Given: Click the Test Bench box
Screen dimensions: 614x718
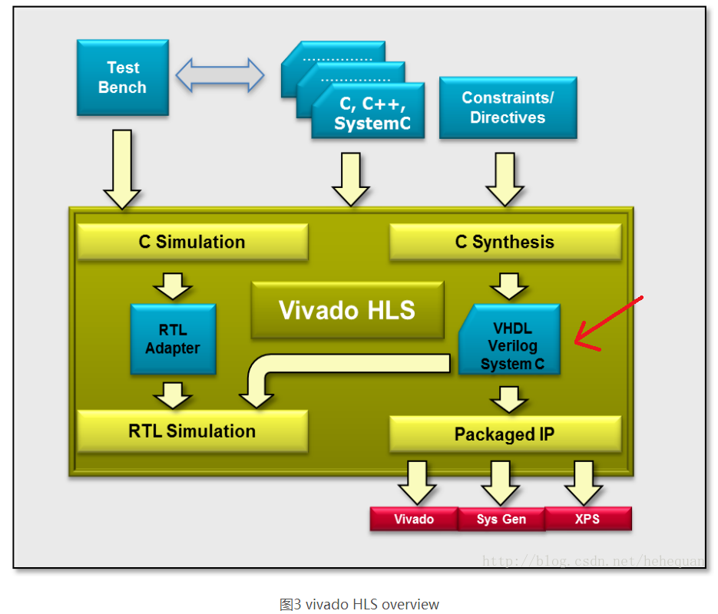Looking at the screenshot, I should [122, 78].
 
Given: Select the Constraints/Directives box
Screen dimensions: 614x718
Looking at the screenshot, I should [508, 107].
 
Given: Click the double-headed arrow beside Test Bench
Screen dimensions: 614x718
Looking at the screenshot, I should [220, 75].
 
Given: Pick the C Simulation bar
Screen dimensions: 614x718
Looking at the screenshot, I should [192, 242].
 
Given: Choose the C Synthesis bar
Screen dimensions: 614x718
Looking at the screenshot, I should [505, 242].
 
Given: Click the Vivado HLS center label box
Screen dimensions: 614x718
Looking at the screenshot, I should [347, 310].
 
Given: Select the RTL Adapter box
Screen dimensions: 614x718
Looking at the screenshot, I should [173, 339].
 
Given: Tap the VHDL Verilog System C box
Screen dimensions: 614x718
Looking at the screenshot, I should [510, 339].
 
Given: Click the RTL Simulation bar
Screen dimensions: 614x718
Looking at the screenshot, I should [192, 431].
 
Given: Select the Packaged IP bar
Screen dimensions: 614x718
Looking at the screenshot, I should [505, 434].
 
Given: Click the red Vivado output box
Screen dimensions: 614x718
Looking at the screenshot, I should [414, 519].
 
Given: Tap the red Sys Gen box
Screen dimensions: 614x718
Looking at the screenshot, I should [501, 519].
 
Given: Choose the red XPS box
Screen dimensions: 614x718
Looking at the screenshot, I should [588, 519].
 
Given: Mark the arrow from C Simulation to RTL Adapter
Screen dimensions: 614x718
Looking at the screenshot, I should [173, 286].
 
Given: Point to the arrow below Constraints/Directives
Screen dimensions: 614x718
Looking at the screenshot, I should [505, 178].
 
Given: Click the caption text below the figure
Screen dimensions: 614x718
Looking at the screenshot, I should [359, 604].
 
